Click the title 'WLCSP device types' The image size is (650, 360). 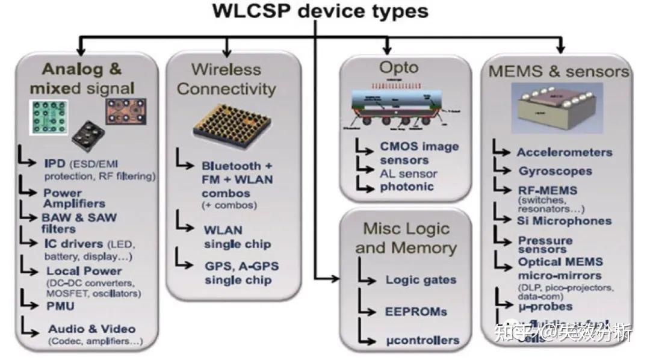[320, 11]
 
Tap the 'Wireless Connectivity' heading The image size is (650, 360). [226, 79]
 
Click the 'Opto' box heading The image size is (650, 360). [398, 67]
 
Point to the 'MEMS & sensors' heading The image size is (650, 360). [559, 72]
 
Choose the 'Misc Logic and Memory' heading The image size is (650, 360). [406, 238]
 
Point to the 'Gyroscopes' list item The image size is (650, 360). [555, 171]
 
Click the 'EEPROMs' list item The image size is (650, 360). [416, 311]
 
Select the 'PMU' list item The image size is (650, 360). [61, 306]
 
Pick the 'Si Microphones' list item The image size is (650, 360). [565, 221]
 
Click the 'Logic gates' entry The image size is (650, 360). [421, 280]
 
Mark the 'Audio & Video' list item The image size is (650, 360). [91, 329]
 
